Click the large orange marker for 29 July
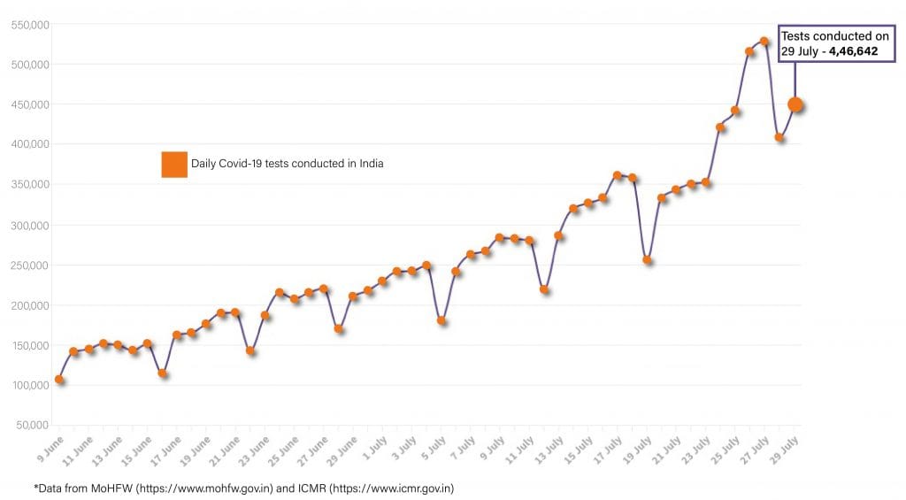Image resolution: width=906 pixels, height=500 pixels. (795, 104)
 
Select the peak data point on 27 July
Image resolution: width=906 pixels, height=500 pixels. (764, 42)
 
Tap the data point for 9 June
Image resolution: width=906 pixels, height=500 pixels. (59, 379)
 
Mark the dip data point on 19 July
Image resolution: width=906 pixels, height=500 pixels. (647, 260)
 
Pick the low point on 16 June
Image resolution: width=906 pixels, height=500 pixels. (163, 373)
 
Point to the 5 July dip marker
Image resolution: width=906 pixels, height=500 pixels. (441, 320)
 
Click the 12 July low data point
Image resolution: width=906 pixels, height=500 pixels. (544, 289)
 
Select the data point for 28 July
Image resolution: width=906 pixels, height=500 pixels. (779, 137)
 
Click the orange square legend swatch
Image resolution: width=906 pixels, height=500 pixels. (174, 165)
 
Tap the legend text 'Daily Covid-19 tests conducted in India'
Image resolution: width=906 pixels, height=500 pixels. (287, 164)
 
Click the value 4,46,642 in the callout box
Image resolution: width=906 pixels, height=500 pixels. (853, 51)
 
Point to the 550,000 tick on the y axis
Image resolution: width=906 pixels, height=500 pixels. (29, 25)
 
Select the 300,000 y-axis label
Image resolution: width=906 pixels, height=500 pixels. (29, 225)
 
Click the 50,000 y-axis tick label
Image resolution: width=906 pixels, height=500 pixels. (32, 425)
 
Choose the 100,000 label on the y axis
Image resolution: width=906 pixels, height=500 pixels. (29, 385)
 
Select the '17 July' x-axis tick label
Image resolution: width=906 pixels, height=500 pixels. (609, 447)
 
